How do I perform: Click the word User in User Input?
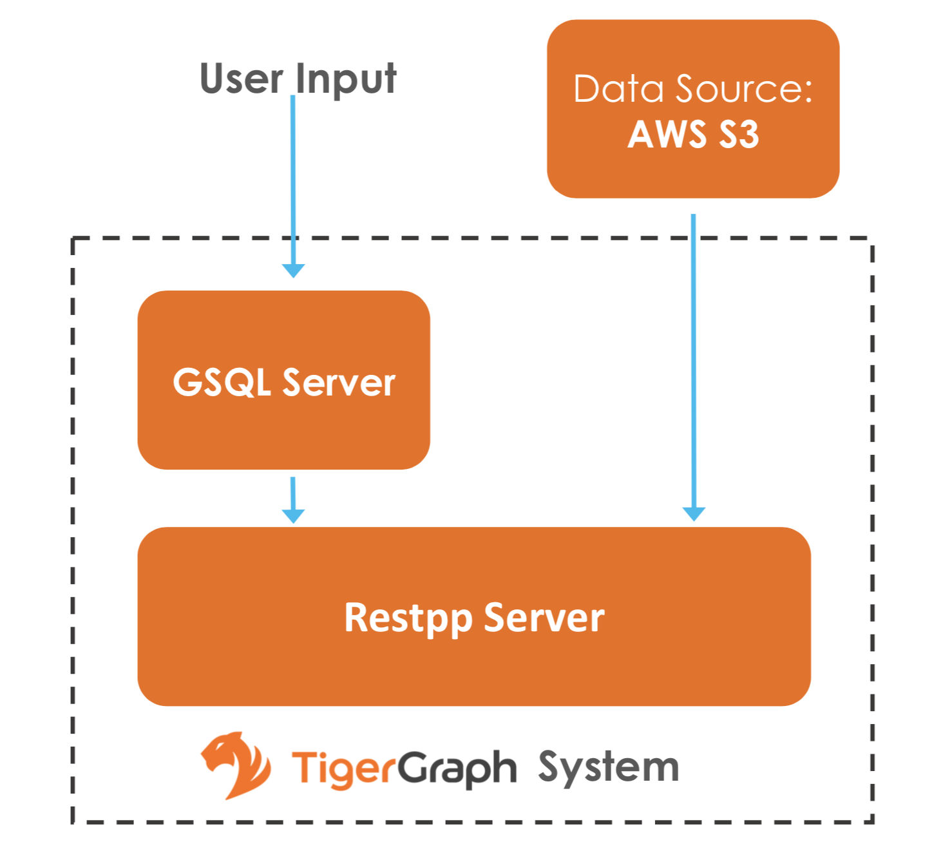(241, 79)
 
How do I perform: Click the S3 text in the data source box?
(739, 135)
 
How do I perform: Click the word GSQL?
(222, 382)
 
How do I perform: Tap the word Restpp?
(408, 618)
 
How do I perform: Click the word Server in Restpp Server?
(544, 618)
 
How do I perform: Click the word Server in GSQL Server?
(339, 383)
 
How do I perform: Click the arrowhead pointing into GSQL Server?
(293, 271)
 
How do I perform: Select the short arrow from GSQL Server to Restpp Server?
(293, 500)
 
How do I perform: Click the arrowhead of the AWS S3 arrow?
(694, 513)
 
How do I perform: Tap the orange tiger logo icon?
(236, 765)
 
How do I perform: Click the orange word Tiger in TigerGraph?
(343, 768)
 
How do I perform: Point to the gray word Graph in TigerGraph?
(457, 768)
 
